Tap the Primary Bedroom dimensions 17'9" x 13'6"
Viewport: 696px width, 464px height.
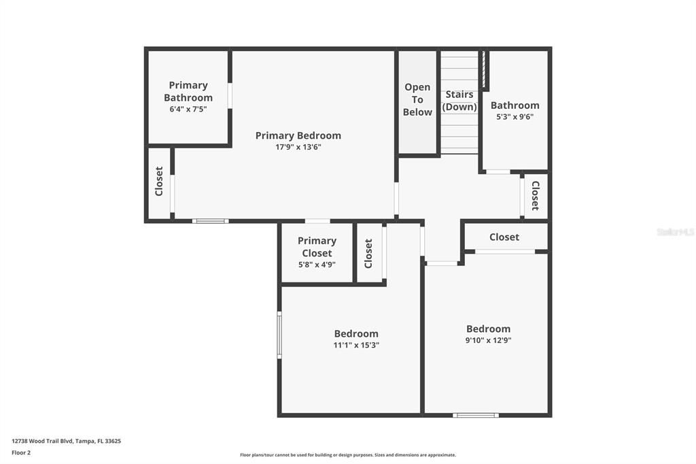click(298, 147)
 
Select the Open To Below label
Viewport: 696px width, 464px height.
click(417, 99)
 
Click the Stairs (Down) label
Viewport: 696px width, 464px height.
click(459, 101)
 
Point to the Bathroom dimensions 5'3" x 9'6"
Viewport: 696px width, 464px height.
click(515, 116)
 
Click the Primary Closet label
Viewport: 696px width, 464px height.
click(317, 246)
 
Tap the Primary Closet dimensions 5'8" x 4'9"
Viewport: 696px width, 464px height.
click(317, 265)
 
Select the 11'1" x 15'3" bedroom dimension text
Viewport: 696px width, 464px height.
click(356, 345)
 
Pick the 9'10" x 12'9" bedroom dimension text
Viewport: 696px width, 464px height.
click(488, 340)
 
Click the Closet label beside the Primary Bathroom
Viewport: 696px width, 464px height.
click(159, 182)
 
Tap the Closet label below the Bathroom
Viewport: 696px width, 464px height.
click(535, 195)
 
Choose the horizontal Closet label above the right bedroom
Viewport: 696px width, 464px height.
click(504, 237)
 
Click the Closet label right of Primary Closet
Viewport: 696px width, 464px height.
click(368, 253)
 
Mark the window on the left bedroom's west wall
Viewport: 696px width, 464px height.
click(279, 335)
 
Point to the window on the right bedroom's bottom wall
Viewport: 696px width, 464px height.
click(476, 414)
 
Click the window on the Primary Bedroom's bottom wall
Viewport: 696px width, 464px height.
click(210, 220)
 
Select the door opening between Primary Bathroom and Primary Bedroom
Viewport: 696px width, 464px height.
click(230, 96)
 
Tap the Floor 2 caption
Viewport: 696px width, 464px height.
click(21, 452)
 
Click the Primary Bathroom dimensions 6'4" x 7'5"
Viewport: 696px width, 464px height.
click(188, 109)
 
